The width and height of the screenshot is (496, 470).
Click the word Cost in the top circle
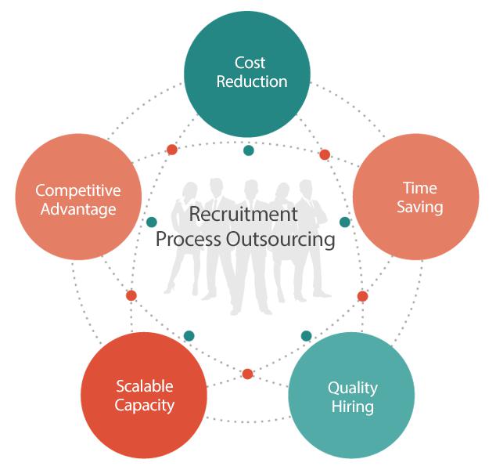(x=250, y=63)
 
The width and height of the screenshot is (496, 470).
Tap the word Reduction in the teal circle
(x=252, y=81)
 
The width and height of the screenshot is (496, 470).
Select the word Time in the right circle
(x=420, y=188)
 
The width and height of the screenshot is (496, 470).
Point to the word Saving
(x=420, y=208)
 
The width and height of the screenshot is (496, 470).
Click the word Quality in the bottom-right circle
(x=353, y=389)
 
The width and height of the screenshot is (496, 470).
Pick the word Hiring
(x=352, y=407)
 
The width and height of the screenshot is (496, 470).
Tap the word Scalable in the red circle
(x=145, y=386)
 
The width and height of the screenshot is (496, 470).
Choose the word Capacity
(x=144, y=406)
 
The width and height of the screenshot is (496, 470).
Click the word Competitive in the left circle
(x=78, y=190)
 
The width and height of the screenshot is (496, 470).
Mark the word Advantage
(x=78, y=210)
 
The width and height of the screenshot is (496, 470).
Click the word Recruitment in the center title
(x=243, y=214)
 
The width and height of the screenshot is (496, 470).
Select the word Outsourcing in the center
(x=280, y=239)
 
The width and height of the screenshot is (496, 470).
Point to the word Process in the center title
(x=189, y=239)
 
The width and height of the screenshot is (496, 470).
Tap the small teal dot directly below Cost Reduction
(x=249, y=150)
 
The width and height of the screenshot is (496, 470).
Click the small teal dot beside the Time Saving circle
(x=345, y=222)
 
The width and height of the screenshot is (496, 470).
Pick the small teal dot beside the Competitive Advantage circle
(x=152, y=222)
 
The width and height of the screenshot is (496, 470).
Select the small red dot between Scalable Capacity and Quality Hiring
(x=248, y=374)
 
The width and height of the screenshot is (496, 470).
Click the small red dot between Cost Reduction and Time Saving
(x=325, y=154)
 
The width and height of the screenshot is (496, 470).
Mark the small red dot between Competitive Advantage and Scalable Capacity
(x=131, y=295)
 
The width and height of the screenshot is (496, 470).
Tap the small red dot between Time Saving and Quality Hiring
(x=362, y=296)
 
